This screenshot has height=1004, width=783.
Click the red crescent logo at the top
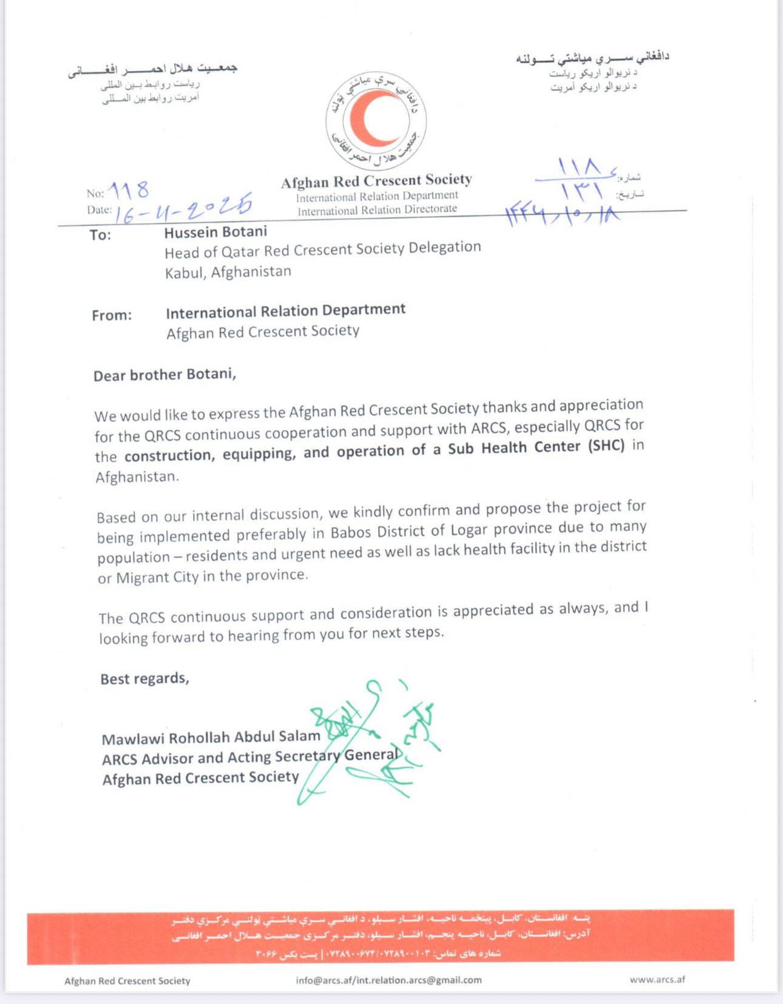tap(376, 120)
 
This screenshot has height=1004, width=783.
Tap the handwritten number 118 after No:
tap(129, 191)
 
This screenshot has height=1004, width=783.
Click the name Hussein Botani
tap(215, 232)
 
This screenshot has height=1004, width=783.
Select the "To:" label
tap(100, 235)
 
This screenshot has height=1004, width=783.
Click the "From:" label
tap(112, 315)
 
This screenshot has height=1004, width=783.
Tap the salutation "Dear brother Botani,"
tap(164, 375)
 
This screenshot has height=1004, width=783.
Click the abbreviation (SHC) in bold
tap(606, 446)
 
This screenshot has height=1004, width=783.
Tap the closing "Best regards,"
tap(144, 679)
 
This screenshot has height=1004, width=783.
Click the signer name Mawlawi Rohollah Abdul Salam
tap(211, 738)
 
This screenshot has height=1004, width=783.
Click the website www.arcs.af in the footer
tap(657, 979)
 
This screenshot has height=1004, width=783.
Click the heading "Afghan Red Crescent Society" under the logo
tap(376, 181)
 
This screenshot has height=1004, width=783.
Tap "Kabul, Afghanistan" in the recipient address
tap(228, 272)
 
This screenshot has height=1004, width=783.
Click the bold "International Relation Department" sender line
tap(285, 311)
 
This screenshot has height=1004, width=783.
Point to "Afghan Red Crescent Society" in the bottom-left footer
tap(127, 980)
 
